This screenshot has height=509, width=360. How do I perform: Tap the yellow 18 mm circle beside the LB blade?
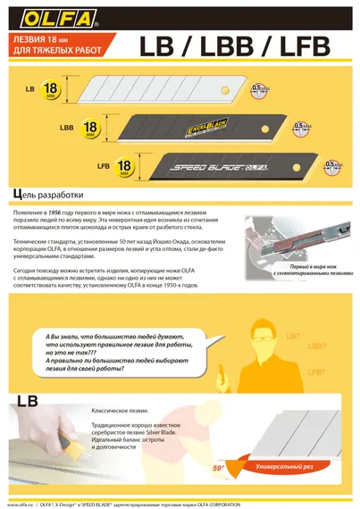tap(51, 89)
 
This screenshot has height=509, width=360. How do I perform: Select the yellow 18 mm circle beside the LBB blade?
tap(90, 128)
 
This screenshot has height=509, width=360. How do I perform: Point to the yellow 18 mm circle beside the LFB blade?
tap(126, 166)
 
